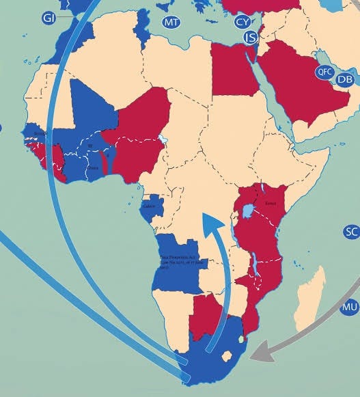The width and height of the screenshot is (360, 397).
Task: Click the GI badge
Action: [49, 18]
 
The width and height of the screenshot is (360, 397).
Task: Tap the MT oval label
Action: [171, 23]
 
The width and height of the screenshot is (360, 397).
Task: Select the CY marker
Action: [243, 22]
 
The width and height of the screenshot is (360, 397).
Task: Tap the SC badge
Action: [351, 232]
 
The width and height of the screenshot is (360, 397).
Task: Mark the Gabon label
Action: [150, 206]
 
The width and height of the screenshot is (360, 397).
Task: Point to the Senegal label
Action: [40, 134]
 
